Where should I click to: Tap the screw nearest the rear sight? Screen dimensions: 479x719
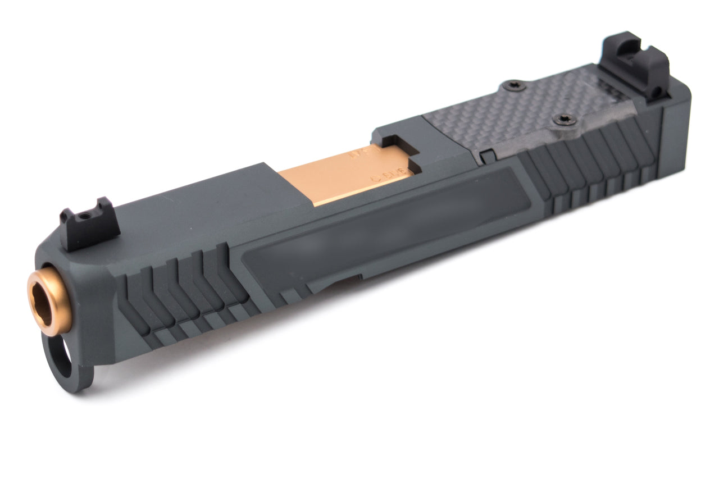coord(514,86)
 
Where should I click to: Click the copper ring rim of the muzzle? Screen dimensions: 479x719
coord(34,303)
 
